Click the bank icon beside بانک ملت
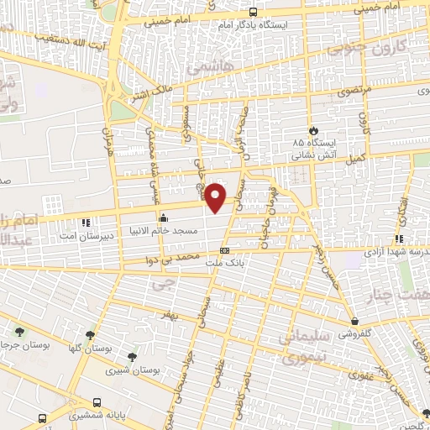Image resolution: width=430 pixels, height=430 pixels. [224, 250]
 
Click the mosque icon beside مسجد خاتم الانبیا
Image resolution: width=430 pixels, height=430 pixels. [163, 218]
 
